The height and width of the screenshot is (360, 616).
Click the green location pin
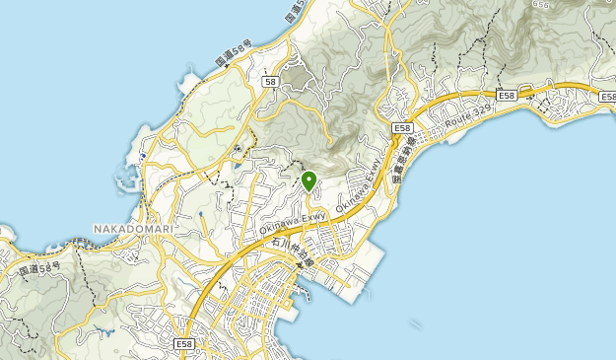click(x=308, y=180)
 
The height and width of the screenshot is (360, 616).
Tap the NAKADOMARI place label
click(x=133, y=229)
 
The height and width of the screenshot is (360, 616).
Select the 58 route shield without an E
click(x=269, y=82)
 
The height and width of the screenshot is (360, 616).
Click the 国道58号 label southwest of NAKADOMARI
click(x=38, y=268)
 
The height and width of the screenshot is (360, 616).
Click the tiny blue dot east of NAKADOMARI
click(x=201, y=213)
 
